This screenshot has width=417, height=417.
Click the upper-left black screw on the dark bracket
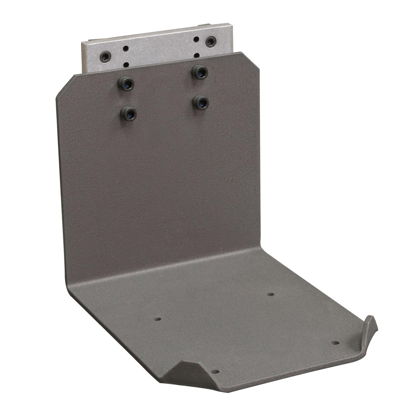[125, 82]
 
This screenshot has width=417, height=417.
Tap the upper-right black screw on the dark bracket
[201, 71]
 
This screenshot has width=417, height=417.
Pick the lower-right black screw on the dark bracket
[200, 101]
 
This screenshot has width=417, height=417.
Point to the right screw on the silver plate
[209, 42]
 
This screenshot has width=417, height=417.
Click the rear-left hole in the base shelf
[158, 318]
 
